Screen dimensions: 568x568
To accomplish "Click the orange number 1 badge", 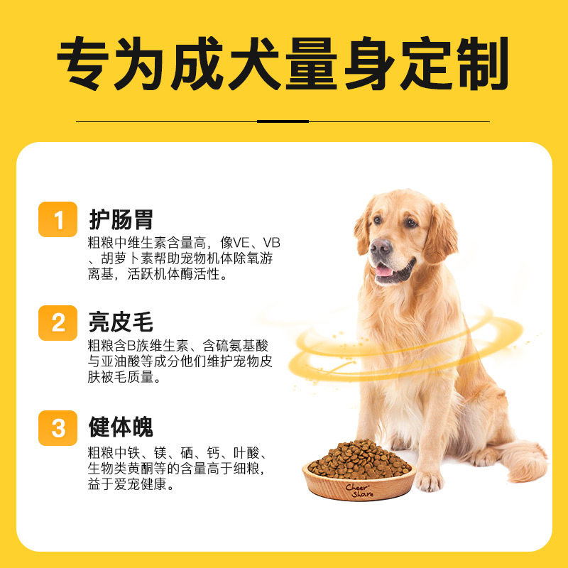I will coord(58,219).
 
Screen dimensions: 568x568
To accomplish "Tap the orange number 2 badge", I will coord(58,323).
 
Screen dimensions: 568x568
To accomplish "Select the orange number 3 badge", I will coord(58,427).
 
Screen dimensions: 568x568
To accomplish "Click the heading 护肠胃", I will coord(121,219).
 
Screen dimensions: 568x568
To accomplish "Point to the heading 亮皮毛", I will coord(121,323).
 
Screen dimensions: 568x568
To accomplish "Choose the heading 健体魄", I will coord(121,427).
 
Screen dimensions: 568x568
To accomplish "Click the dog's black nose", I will coord(381,247).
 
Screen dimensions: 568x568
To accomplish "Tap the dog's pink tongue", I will coord(383,270).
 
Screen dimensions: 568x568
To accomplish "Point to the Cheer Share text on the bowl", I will coord(359,490).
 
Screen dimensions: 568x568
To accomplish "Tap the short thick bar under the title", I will coord(283,121).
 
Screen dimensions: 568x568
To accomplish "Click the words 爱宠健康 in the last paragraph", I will coord(149,486).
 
